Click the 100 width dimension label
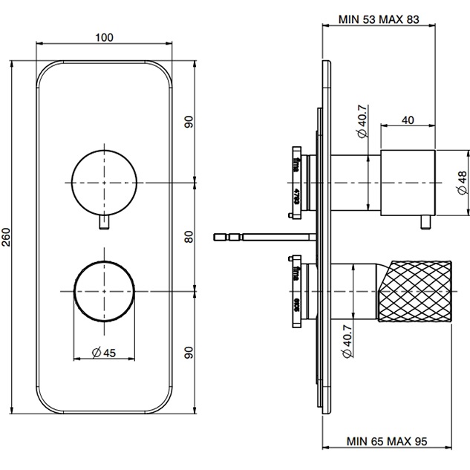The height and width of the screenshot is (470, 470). [x=104, y=36]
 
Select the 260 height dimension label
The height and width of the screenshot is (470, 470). [x=7, y=236]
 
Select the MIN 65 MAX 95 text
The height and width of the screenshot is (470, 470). [x=388, y=440]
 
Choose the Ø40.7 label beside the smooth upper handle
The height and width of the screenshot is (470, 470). [x=361, y=123]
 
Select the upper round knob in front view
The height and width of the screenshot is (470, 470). [x=104, y=181]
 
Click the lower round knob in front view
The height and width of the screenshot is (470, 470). [x=104, y=290]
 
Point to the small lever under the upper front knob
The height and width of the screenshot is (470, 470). [x=104, y=222]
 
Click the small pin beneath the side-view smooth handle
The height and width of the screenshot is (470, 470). [x=426, y=220]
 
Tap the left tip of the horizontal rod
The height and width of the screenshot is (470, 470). [x=216, y=237]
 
